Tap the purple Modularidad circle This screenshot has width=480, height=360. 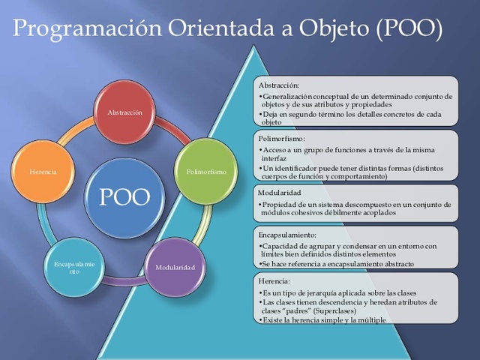coord(175,268)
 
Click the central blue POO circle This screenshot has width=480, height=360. coord(124,196)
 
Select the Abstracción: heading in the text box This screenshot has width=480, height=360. coord(278,85)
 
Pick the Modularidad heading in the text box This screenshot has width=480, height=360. coord(279,193)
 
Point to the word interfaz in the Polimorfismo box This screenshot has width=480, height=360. coord(274,159)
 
